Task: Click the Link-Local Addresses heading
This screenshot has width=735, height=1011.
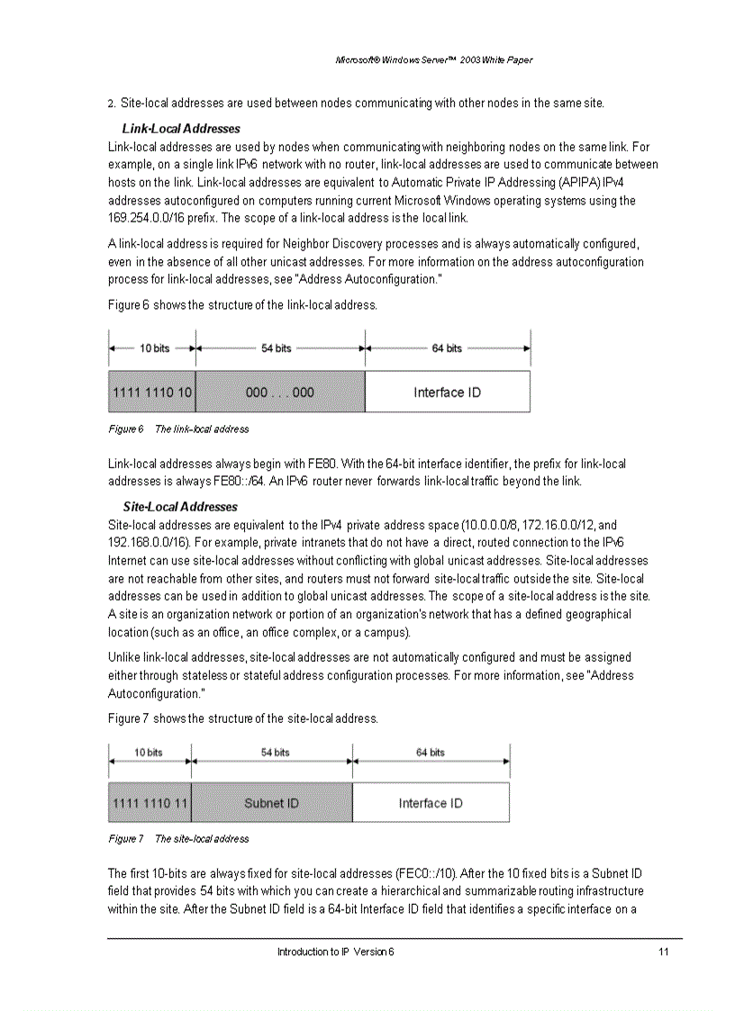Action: click(x=180, y=129)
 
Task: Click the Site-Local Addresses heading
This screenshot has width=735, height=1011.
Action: click(x=179, y=507)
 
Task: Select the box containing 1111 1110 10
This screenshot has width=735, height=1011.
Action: click(x=151, y=393)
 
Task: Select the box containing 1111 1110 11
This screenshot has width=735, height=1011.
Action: click(x=150, y=803)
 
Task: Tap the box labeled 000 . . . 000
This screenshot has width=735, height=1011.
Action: click(x=280, y=393)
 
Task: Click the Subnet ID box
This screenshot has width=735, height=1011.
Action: click(x=271, y=803)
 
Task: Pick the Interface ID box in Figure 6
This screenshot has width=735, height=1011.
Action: click(x=447, y=393)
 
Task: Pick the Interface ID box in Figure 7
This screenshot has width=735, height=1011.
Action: click(x=431, y=803)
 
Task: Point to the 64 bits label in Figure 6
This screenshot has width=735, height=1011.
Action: click(x=447, y=348)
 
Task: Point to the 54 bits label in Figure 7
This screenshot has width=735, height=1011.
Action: click(x=275, y=753)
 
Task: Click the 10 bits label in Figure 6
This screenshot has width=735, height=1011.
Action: click(x=154, y=348)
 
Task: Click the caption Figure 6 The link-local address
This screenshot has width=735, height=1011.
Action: click(x=178, y=429)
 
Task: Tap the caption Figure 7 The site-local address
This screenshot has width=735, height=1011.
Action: click(x=178, y=839)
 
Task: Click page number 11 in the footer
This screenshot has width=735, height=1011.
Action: click(x=663, y=952)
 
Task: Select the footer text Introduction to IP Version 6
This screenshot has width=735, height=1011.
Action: click(x=335, y=952)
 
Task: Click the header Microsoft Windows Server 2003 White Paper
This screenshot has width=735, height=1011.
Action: click(x=433, y=60)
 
